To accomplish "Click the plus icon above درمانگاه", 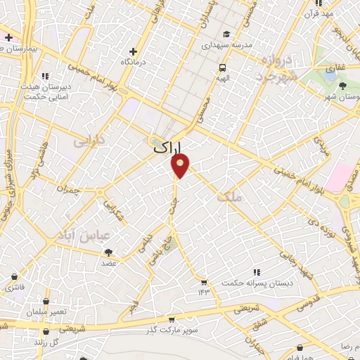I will [x=134, y=51].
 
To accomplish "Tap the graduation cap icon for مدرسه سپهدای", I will [x=226, y=34].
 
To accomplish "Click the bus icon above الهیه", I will [x=222, y=68].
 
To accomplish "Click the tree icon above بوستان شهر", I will [x=342, y=86].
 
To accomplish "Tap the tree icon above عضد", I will [x=108, y=252].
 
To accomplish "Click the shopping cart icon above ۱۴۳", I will [x=203, y=282].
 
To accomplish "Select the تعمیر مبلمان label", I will [x=48, y=311].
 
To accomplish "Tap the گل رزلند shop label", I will [x=46, y=341].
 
